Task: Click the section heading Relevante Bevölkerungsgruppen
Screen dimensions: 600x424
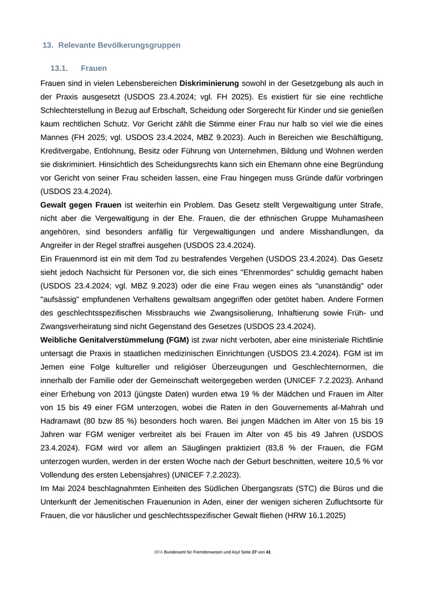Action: pyautogui.click(x=119, y=45)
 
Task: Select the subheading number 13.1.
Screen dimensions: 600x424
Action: pyautogui.click(x=59, y=68)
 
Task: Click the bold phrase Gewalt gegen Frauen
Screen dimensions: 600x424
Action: pyautogui.click(x=81, y=205)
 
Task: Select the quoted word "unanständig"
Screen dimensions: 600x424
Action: pyautogui.click(x=342, y=285)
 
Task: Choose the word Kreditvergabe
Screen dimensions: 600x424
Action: pyautogui.click(x=68, y=150)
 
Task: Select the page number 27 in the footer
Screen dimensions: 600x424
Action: pyautogui.click(x=254, y=553)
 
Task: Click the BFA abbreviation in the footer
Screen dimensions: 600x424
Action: pyautogui.click(x=159, y=553)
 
